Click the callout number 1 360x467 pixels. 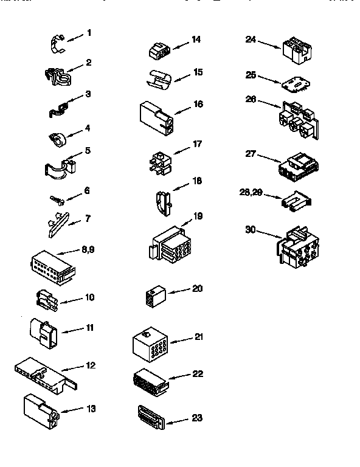[x=89, y=33]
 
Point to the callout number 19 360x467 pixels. [x=197, y=215]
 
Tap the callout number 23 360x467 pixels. [x=197, y=418]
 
